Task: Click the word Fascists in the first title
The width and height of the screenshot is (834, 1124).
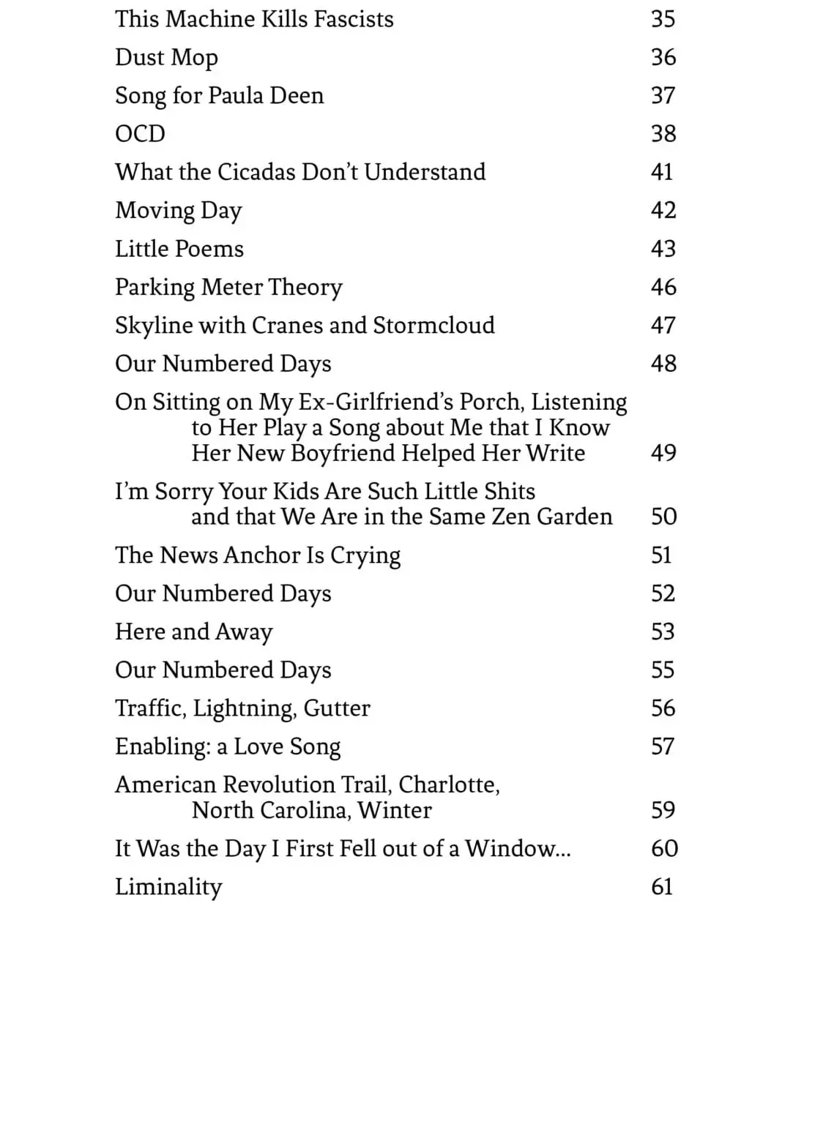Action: pyautogui.click(x=354, y=19)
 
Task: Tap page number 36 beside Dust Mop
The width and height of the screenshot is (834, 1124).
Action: pyautogui.click(x=663, y=57)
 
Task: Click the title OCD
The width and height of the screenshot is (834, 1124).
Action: pyautogui.click(x=140, y=134)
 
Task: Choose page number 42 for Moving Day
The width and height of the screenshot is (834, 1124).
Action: pyautogui.click(x=663, y=210)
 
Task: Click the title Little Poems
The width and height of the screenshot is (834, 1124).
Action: pyautogui.click(x=179, y=249)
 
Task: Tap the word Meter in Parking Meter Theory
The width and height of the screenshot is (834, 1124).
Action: pyautogui.click(x=232, y=287)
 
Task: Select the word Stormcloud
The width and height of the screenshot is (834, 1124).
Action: pyautogui.click(x=433, y=325)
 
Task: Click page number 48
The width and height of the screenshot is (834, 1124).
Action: pyautogui.click(x=663, y=364)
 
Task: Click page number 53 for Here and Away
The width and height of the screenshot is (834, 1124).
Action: pyautogui.click(x=663, y=632)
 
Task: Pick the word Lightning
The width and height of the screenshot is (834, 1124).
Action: pyautogui.click(x=245, y=708)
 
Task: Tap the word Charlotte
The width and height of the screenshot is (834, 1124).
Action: pyautogui.click(x=449, y=784)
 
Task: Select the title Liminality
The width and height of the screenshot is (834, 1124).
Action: pyautogui.click(x=168, y=887)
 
